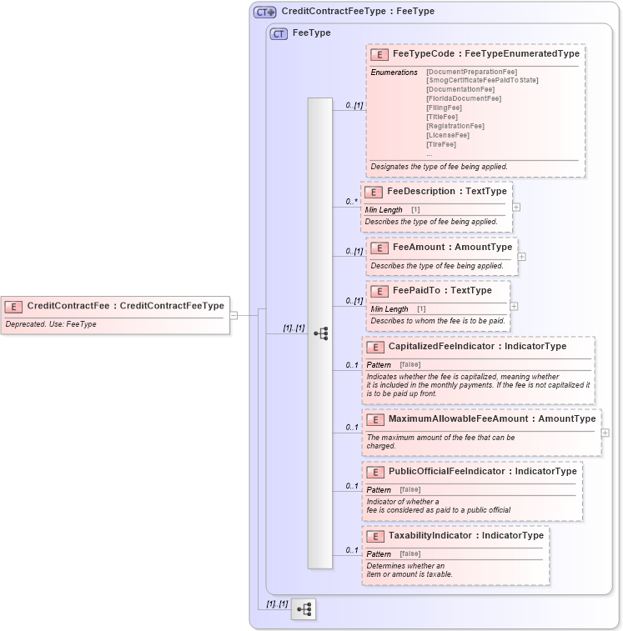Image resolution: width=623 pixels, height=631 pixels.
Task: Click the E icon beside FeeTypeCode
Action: pyautogui.click(x=379, y=54)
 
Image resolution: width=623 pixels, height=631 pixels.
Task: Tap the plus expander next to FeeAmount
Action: pyautogui.click(x=522, y=257)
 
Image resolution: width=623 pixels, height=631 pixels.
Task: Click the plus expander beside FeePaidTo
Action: pyautogui.click(x=514, y=307)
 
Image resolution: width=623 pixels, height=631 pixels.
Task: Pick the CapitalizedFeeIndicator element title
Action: pyautogui.click(x=477, y=346)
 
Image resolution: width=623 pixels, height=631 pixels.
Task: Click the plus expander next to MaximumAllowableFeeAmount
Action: pyautogui.click(x=605, y=433)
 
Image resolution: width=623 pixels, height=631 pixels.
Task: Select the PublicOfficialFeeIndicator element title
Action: pyautogui.click(x=482, y=471)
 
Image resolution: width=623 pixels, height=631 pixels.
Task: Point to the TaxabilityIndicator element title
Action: pyautogui.click(x=465, y=535)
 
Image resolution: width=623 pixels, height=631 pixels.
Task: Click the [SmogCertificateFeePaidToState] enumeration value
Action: pyautogui.click(x=482, y=81)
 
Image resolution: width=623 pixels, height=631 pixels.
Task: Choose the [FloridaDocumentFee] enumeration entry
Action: pyautogui.click(x=463, y=99)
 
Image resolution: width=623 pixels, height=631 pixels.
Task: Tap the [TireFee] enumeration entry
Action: pyautogui.click(x=441, y=145)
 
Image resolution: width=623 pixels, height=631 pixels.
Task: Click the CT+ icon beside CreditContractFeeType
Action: pyautogui.click(x=265, y=13)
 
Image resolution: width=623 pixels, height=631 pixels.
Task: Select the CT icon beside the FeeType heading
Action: pyautogui.click(x=279, y=33)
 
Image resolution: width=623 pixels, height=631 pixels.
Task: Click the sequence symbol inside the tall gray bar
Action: pyautogui.click(x=320, y=333)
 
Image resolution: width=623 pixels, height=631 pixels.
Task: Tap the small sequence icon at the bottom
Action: pyautogui.click(x=304, y=610)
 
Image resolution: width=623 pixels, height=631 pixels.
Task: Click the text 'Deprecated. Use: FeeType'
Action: pyautogui.click(x=51, y=324)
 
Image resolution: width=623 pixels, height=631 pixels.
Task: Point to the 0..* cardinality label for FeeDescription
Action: pyautogui.click(x=352, y=202)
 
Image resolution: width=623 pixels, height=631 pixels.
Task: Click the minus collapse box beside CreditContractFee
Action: pyautogui.click(x=234, y=315)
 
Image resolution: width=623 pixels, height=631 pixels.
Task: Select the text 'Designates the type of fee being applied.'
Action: pyautogui.click(x=439, y=167)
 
